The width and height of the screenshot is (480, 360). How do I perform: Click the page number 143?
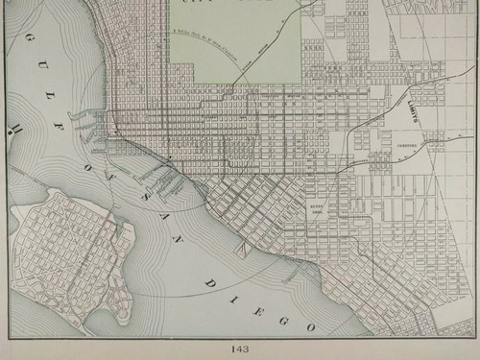[239, 349]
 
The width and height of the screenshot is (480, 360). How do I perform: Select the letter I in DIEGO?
[230, 299]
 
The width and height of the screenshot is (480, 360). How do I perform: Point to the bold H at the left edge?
[15, 128]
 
